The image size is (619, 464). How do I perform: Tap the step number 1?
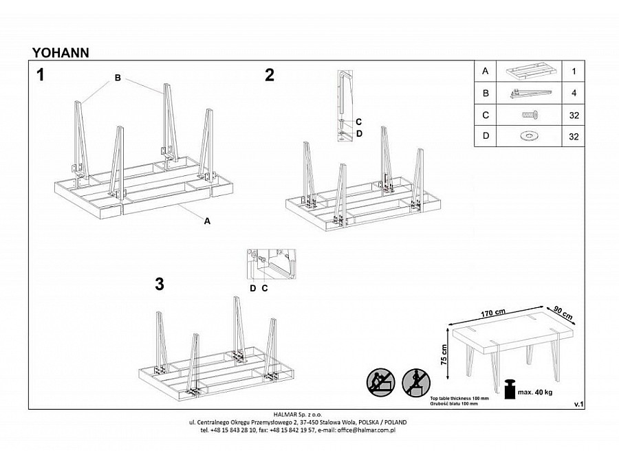(x=41, y=75)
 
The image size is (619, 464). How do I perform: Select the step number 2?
(x=270, y=75)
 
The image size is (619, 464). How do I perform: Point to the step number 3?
(x=160, y=284)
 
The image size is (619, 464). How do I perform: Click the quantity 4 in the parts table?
(x=573, y=93)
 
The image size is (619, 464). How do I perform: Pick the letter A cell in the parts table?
(x=486, y=71)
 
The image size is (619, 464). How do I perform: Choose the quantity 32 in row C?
(x=573, y=115)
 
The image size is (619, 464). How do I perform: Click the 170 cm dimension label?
(x=494, y=313)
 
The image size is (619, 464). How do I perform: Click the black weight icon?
(x=510, y=388)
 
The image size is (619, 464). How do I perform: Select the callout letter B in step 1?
(x=118, y=78)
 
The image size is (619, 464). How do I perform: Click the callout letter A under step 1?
(x=206, y=221)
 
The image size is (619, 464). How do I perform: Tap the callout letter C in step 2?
(x=359, y=122)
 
